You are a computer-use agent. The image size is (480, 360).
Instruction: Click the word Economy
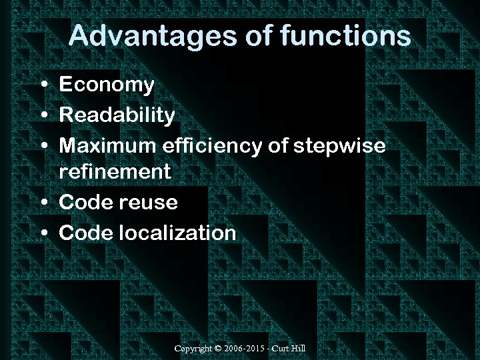point(107,85)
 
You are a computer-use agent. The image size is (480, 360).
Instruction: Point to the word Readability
point(117,115)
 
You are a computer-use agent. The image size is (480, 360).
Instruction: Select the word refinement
point(115,172)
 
